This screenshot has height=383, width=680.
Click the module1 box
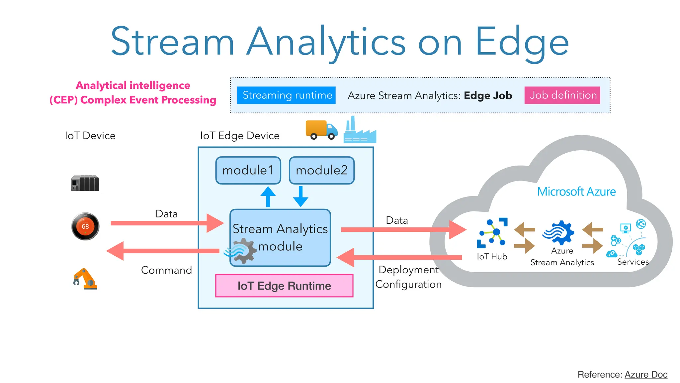248,170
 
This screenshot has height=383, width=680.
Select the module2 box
321,170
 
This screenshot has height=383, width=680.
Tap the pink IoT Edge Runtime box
284,286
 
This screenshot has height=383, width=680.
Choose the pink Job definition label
562,95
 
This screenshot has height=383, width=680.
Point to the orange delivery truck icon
321,130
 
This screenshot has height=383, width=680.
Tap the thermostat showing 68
85,226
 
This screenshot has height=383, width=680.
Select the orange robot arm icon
85,279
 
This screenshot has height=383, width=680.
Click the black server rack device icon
85,183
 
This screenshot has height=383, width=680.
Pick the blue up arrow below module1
268,197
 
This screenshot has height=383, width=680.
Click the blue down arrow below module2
300,196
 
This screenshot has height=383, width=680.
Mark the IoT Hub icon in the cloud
492,233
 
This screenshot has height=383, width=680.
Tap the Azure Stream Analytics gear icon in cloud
558,233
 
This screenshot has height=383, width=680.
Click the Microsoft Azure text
576,191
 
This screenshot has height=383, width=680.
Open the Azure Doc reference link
646,374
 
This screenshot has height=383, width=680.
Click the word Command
166,270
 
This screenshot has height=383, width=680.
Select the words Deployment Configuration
408,277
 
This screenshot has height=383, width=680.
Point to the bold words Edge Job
488,95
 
